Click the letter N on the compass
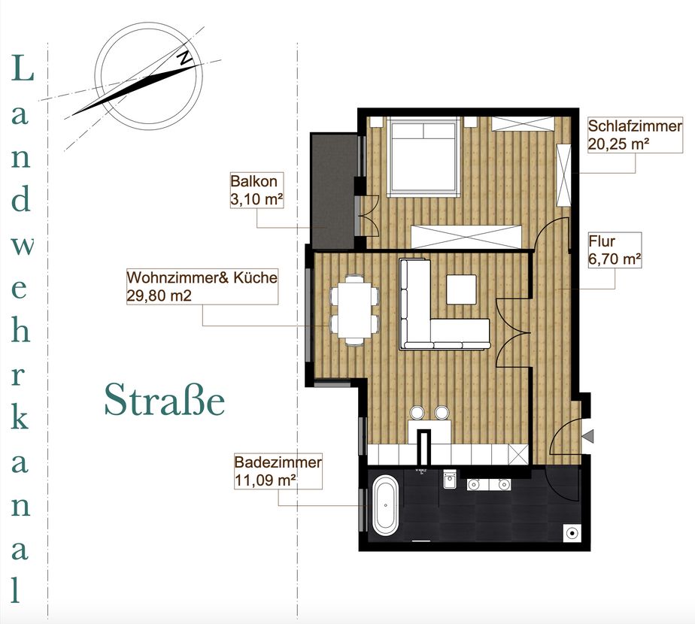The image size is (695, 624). click(x=186, y=57)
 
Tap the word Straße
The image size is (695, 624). click(x=165, y=400)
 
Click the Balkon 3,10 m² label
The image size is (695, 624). click(x=256, y=190)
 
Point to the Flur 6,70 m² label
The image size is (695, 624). click(x=615, y=250)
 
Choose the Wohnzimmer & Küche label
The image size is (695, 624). click(x=202, y=286)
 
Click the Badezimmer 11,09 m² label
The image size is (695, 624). click(x=278, y=471)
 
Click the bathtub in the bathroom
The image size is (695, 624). click(x=386, y=505)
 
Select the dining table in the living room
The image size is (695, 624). click(x=354, y=310)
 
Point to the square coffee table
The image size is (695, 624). click(x=461, y=289)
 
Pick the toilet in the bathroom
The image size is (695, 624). click(x=449, y=479)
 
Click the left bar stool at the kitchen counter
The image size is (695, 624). click(x=417, y=413)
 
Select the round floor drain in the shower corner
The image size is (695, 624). click(x=572, y=533)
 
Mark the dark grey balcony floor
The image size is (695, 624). click(x=333, y=190)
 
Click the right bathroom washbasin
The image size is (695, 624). click(x=503, y=484)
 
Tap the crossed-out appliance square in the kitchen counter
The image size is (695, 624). click(x=518, y=454)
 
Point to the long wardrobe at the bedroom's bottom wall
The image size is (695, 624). click(x=466, y=237)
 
